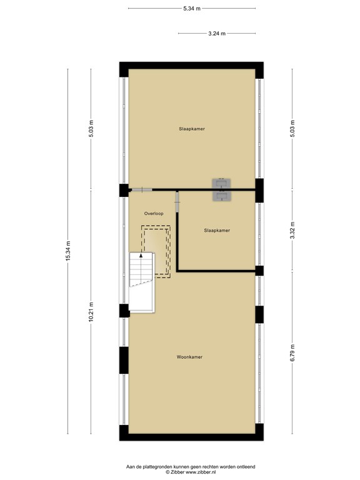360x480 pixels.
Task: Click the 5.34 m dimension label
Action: pyautogui.click(x=191, y=8)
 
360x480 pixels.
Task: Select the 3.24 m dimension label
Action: pyautogui.click(x=217, y=33)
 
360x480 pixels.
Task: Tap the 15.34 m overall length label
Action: pyautogui.click(x=69, y=252)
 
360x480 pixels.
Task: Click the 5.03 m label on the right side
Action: pyautogui.click(x=292, y=128)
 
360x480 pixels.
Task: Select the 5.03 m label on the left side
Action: pyautogui.click(x=91, y=128)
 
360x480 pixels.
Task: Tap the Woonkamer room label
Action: pyautogui.click(x=189, y=357)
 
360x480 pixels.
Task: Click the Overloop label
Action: pyautogui.click(x=154, y=213)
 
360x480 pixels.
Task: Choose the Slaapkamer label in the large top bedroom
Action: pyautogui.click(x=191, y=129)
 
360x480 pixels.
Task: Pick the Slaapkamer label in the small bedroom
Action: pyautogui.click(x=217, y=230)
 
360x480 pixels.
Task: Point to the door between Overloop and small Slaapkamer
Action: pyautogui.click(x=177, y=201)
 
